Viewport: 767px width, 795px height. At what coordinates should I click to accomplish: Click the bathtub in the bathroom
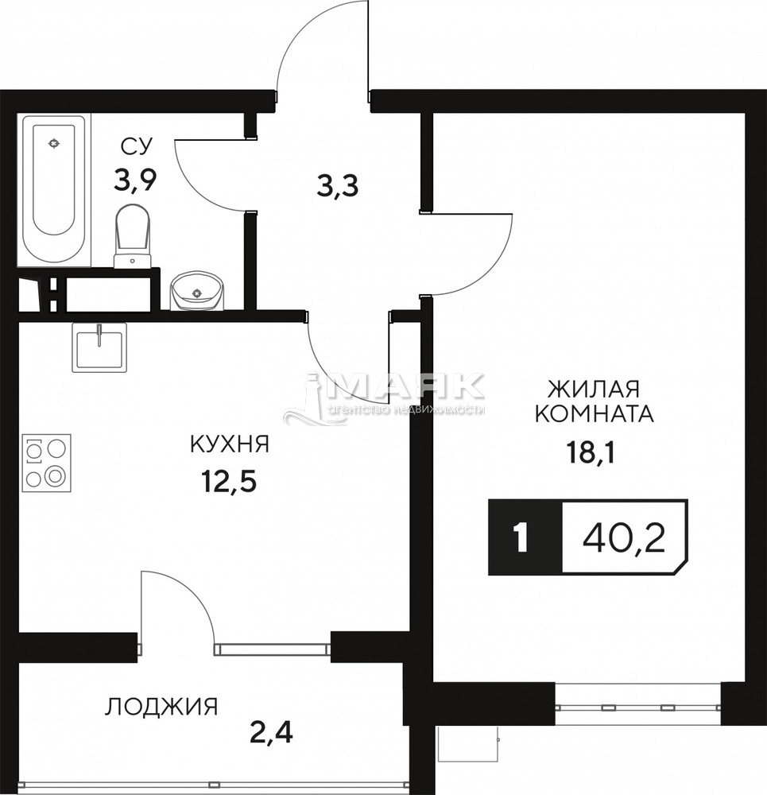54,190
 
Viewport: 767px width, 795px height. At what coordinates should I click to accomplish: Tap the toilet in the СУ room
133,236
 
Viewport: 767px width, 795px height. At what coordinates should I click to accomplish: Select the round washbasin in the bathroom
197,291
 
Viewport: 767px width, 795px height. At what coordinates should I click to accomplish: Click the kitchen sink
99,347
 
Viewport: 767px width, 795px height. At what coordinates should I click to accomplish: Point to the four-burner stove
47,463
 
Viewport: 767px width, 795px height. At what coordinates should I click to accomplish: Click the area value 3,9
135,180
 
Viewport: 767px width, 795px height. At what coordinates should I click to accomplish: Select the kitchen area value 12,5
229,482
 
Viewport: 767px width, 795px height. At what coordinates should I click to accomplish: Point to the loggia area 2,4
272,733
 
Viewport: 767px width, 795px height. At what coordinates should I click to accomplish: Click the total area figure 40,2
624,537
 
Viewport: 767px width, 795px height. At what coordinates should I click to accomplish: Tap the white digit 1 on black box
521,538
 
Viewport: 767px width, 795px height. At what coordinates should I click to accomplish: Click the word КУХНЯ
229,444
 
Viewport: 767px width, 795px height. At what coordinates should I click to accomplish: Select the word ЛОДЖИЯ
161,707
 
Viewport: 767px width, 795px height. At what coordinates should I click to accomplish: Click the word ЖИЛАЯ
594,390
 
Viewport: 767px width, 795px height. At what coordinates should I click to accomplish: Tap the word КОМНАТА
595,414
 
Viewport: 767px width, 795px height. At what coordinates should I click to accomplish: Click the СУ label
136,146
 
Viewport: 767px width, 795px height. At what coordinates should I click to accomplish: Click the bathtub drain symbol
53,143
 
